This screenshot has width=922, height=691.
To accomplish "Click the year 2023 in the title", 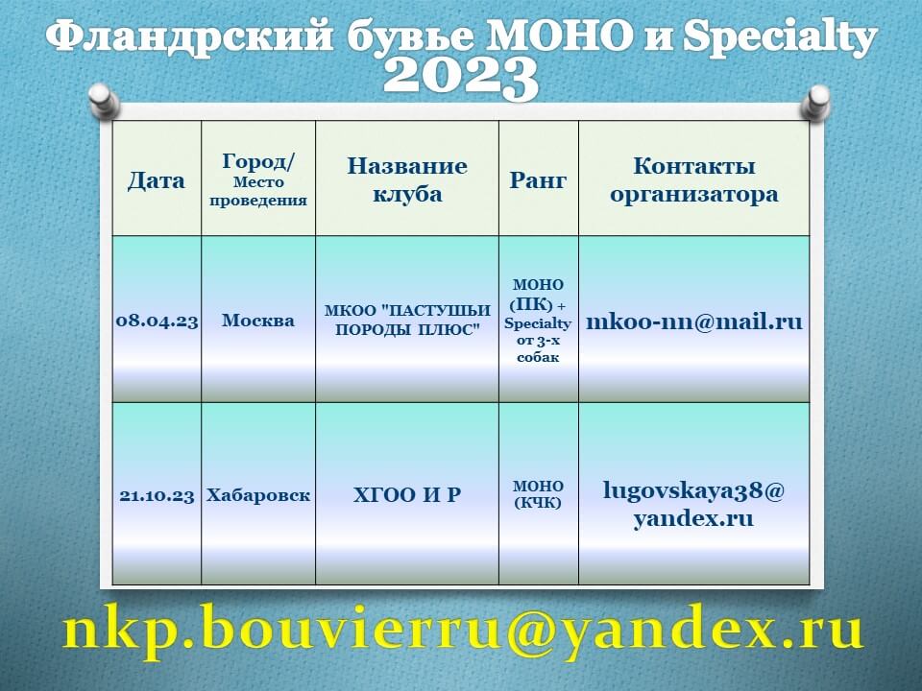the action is tap(460, 78).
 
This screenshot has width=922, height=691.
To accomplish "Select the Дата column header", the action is tap(157, 180).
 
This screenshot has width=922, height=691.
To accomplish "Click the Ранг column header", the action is tap(538, 179).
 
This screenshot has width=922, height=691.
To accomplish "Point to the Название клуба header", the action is tap(407, 179).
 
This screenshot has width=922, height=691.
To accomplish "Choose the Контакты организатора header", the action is tap(693, 179).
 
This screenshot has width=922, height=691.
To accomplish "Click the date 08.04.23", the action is tap(157, 322).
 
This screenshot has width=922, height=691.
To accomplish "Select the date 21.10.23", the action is tap(157, 496).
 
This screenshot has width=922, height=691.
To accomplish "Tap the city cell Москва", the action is tap(258, 321).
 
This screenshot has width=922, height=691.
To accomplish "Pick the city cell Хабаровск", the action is tap(258, 495).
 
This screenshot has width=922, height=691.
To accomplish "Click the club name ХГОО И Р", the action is tap(407, 495).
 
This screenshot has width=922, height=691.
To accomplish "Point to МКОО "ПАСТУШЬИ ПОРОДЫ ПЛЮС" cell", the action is tap(407, 321).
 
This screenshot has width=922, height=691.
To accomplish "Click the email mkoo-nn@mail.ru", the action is tap(693, 322).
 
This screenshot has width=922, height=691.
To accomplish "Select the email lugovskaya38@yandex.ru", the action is tap(693, 505).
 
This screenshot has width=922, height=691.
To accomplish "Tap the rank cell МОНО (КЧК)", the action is tap(538, 495).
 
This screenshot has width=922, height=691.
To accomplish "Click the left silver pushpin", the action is tap(104, 101).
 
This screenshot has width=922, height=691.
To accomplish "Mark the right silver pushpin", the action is tap(817, 101).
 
